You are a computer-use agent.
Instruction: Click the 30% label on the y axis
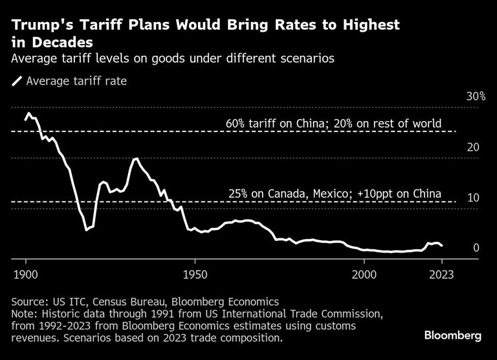pyautogui.click(x=476, y=96)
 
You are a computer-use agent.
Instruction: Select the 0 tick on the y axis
pyautogui.click(x=476, y=248)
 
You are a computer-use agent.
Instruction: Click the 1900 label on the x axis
pyautogui.click(x=26, y=274)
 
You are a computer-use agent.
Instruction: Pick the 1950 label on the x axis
pyautogui.click(x=195, y=274)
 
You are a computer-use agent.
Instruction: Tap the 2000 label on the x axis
pyautogui.click(x=364, y=274)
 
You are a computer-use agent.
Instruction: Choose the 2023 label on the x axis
pyautogui.click(x=441, y=274)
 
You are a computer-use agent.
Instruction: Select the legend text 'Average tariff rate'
pyautogui.click(x=76, y=82)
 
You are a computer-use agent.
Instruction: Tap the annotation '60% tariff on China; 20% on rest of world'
pyautogui.click(x=333, y=123)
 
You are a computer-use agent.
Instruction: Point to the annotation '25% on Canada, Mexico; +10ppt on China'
pyautogui.click(x=335, y=194)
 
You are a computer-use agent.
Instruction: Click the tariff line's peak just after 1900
pyautogui.click(x=28, y=113)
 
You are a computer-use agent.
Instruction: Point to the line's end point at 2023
pyautogui.click(x=442, y=246)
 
